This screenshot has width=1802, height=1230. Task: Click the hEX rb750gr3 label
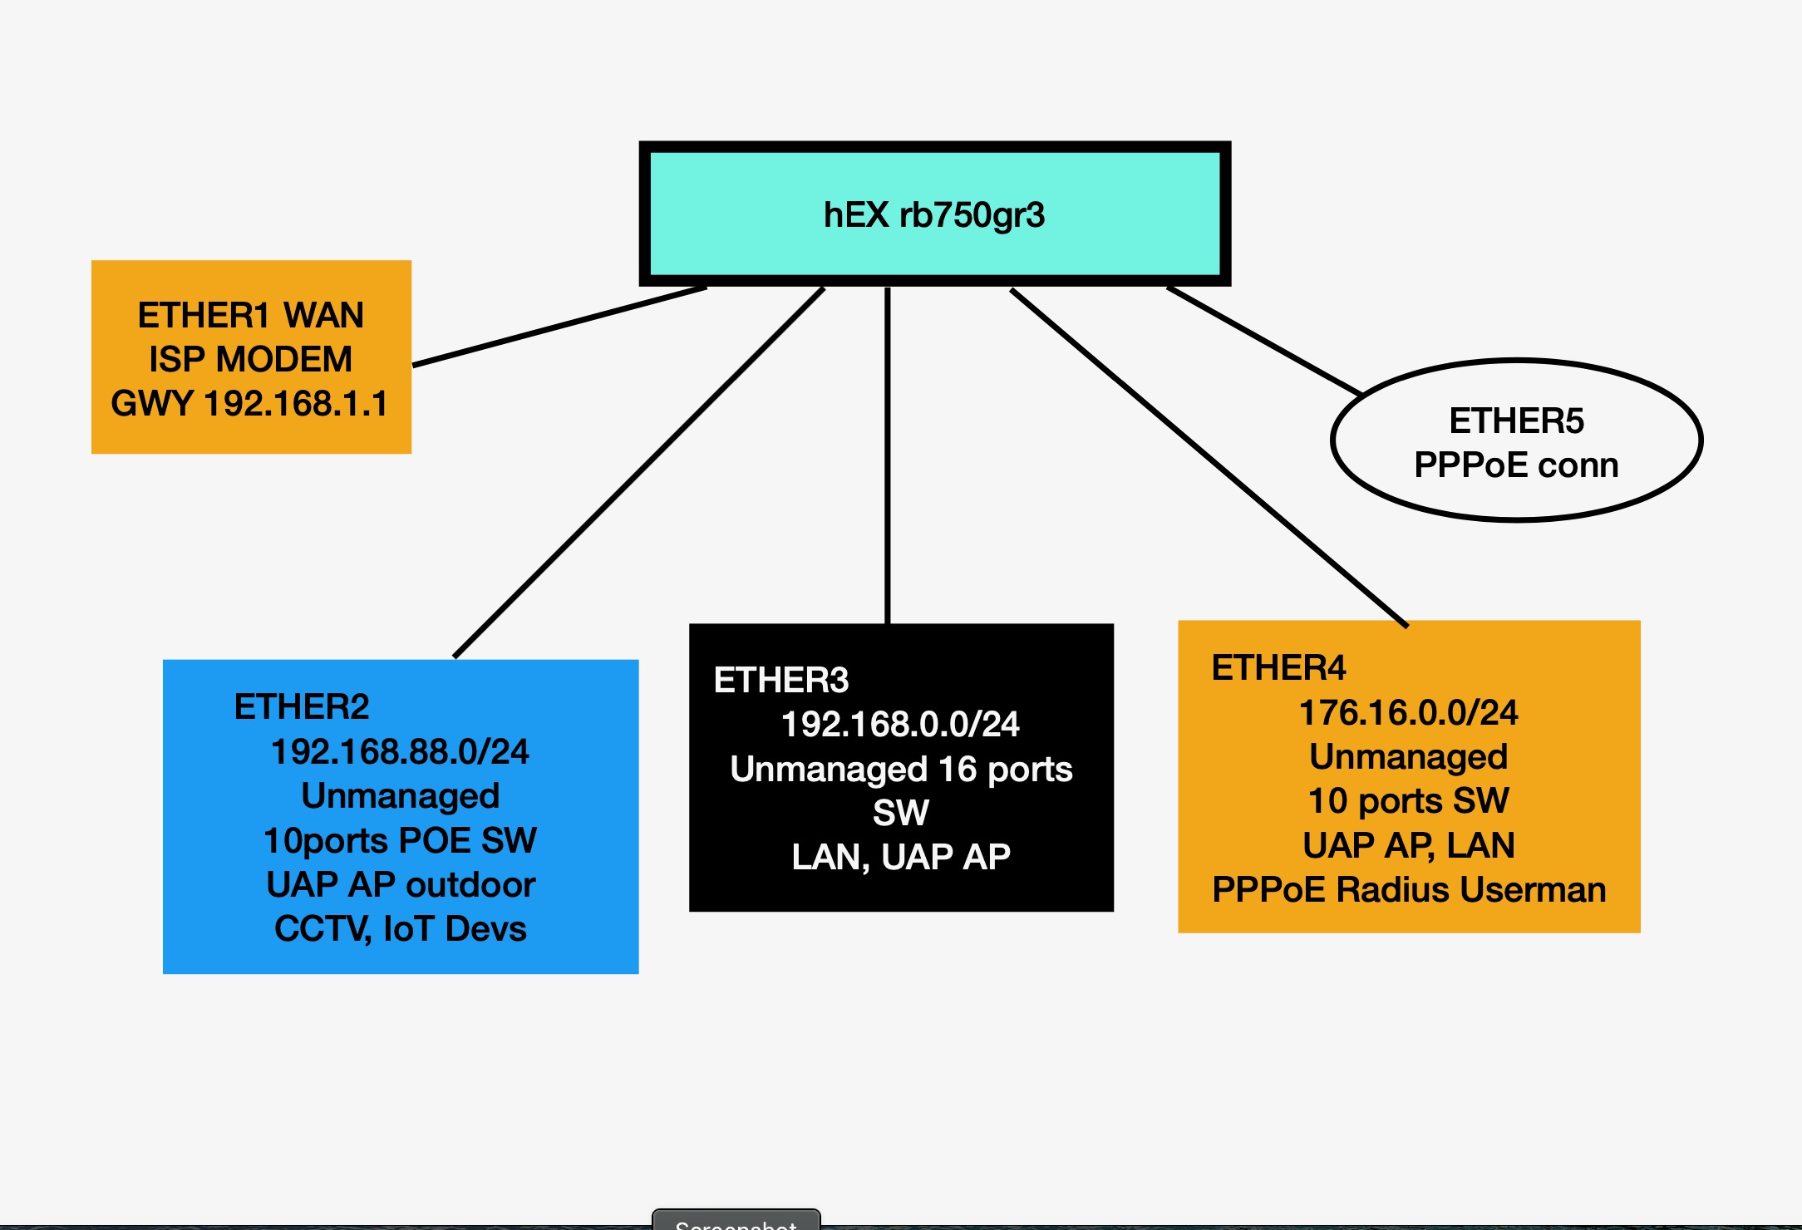(x=933, y=215)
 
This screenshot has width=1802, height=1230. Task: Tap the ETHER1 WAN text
(x=250, y=316)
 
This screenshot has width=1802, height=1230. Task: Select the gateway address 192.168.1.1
(x=296, y=404)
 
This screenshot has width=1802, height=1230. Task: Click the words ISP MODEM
(x=250, y=360)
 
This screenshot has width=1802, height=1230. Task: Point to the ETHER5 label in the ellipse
(x=1516, y=421)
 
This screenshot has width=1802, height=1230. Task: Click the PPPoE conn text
(x=1516, y=465)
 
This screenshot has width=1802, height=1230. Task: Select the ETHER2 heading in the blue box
(x=302, y=707)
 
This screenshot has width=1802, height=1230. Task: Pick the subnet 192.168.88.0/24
(x=400, y=752)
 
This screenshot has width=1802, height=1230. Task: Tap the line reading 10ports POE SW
(x=400, y=840)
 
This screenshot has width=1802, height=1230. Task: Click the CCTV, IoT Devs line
(x=400, y=929)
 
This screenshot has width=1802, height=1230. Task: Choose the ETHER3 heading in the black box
(x=781, y=681)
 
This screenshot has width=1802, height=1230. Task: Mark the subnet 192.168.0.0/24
(x=900, y=725)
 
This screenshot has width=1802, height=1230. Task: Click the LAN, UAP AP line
(x=901, y=857)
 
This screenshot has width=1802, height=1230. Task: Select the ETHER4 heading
(x=1278, y=668)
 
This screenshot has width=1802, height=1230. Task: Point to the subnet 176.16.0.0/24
(x=1408, y=713)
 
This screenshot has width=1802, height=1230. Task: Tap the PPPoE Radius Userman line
(x=1408, y=890)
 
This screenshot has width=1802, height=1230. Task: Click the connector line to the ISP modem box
(x=559, y=327)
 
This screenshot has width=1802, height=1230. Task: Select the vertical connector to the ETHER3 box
(x=888, y=457)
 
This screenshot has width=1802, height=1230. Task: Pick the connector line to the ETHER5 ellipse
(x=1263, y=341)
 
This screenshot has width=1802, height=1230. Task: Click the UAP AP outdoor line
(x=400, y=885)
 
